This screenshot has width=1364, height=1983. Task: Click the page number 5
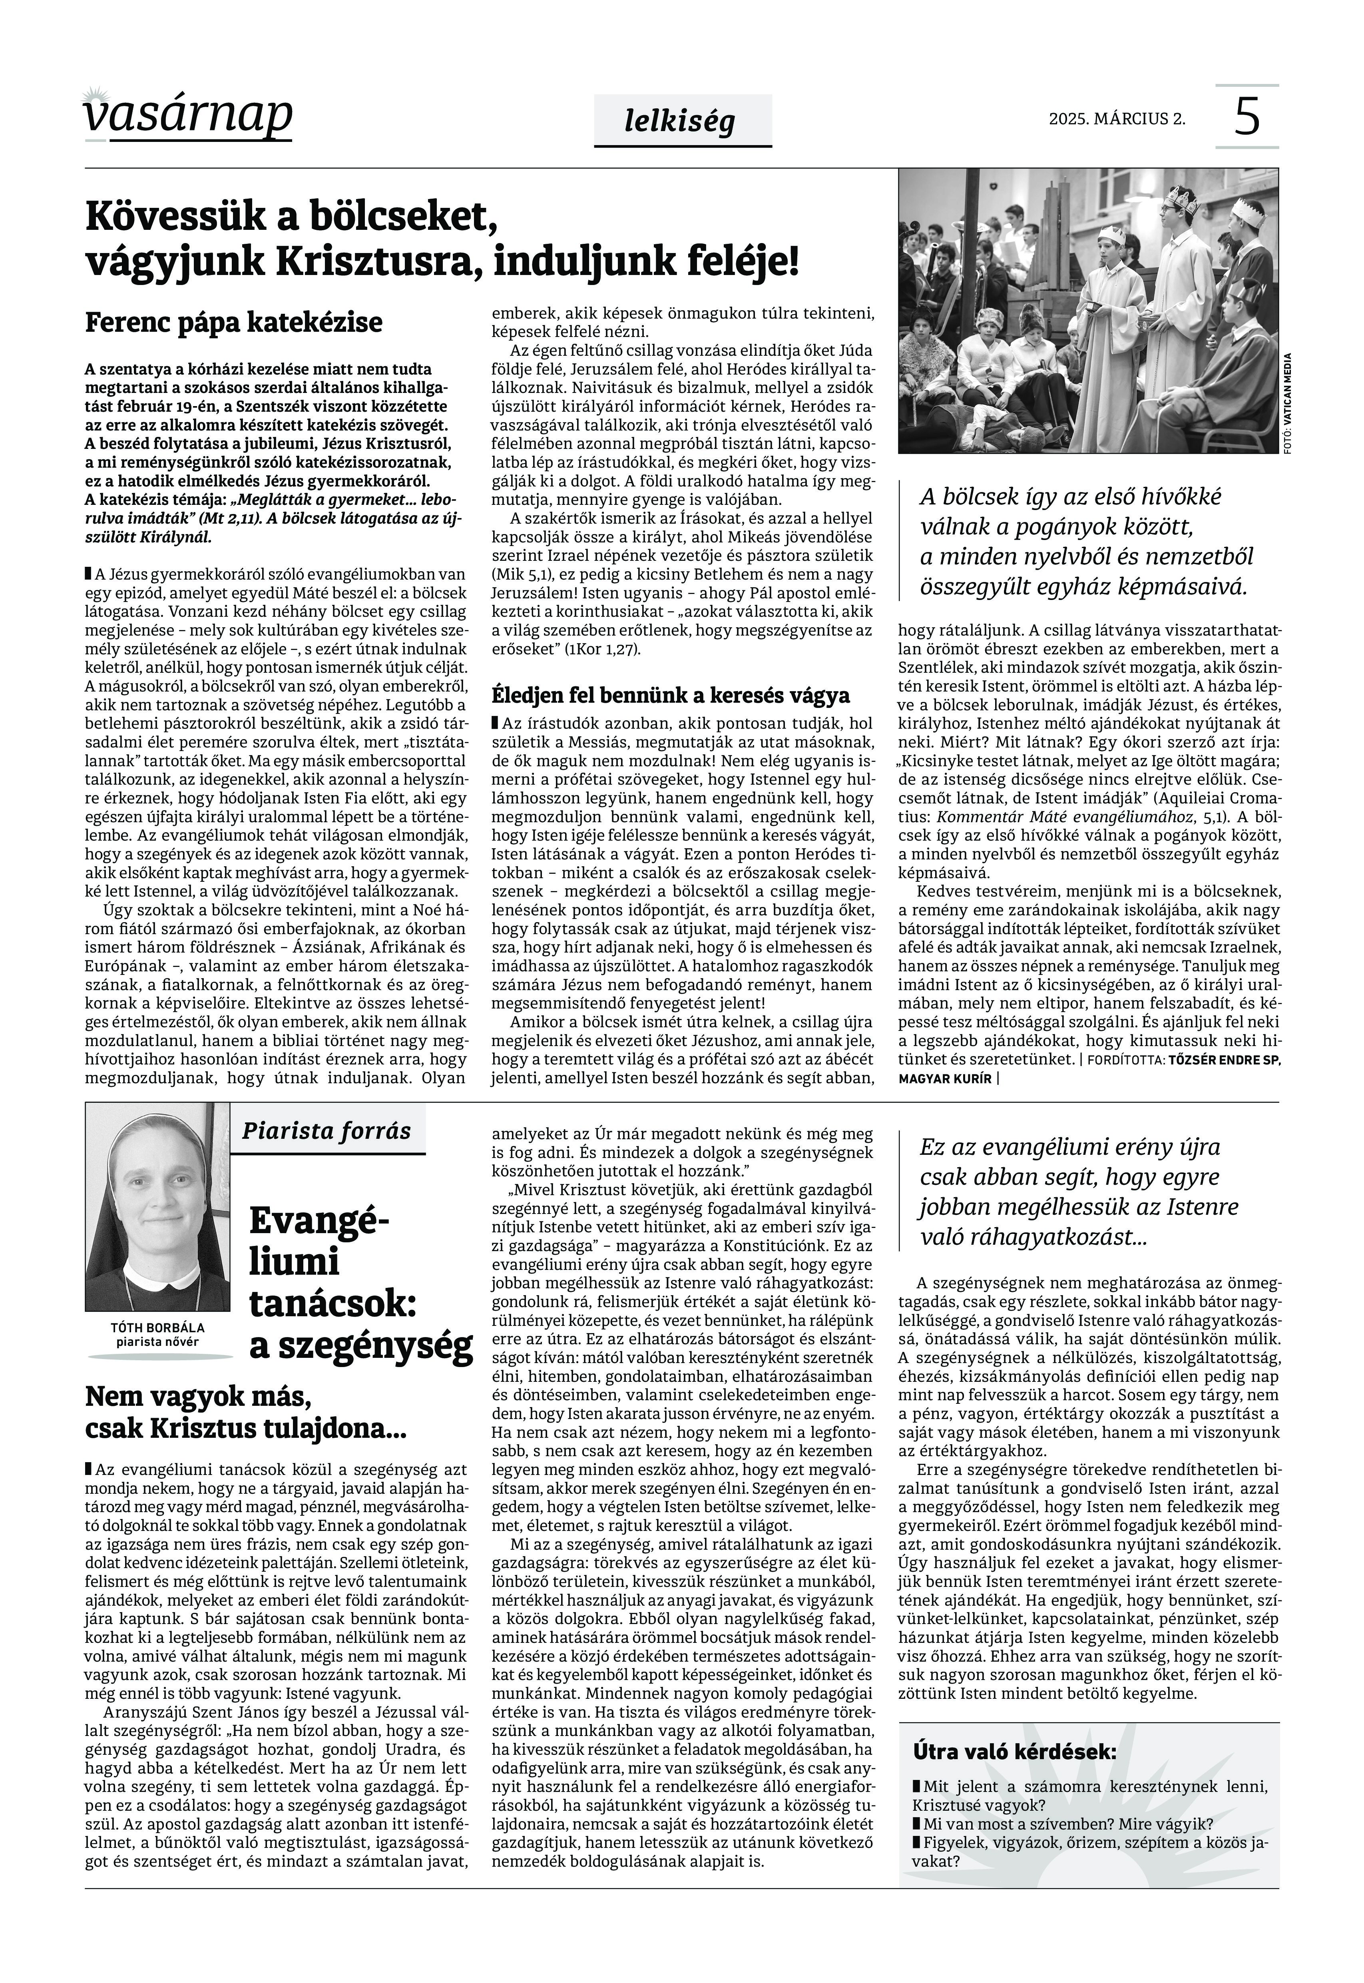point(1247,117)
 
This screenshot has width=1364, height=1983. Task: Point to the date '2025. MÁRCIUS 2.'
point(1117,119)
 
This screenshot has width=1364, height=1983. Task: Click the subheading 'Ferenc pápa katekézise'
point(233,323)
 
